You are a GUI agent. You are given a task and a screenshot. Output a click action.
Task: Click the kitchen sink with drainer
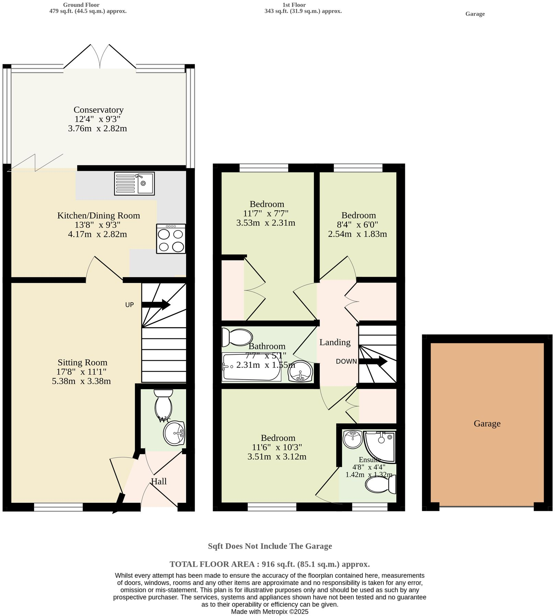(134, 184)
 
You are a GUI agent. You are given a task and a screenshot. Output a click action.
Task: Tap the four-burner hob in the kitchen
(171, 239)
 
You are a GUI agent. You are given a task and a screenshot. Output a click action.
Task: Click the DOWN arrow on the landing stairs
(373, 361)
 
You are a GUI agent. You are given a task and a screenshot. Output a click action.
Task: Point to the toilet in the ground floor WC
(163, 404)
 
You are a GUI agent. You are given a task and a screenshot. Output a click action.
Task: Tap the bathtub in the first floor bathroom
(251, 367)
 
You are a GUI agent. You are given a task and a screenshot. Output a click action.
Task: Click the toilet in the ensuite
(380, 485)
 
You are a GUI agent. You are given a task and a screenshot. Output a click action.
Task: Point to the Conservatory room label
(99, 110)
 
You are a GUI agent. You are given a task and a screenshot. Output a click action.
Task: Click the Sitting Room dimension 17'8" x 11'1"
(81, 372)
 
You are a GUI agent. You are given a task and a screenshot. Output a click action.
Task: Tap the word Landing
(335, 342)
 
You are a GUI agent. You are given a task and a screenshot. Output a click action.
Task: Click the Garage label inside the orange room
(487, 423)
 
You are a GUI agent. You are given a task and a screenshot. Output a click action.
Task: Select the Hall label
(159, 482)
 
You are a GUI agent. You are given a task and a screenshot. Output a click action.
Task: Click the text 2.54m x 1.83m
(357, 234)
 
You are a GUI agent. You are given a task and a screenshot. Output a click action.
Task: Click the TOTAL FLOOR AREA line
(270, 564)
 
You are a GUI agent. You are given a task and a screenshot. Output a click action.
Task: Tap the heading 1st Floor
(294, 5)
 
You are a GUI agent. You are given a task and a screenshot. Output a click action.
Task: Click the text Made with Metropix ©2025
(270, 612)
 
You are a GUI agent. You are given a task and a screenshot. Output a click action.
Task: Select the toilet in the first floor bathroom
(237, 337)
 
